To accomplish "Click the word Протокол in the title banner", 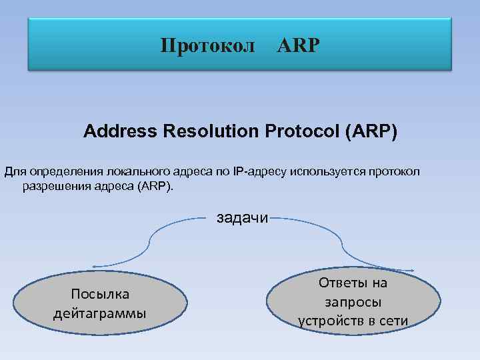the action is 207,46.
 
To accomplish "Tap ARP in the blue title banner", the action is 298,46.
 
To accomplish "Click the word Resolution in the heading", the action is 206,131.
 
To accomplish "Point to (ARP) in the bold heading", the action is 371,131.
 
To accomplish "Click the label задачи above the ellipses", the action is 241,217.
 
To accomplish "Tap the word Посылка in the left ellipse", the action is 100,295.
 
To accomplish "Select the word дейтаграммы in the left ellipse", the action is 100,313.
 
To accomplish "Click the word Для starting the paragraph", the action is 14,173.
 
